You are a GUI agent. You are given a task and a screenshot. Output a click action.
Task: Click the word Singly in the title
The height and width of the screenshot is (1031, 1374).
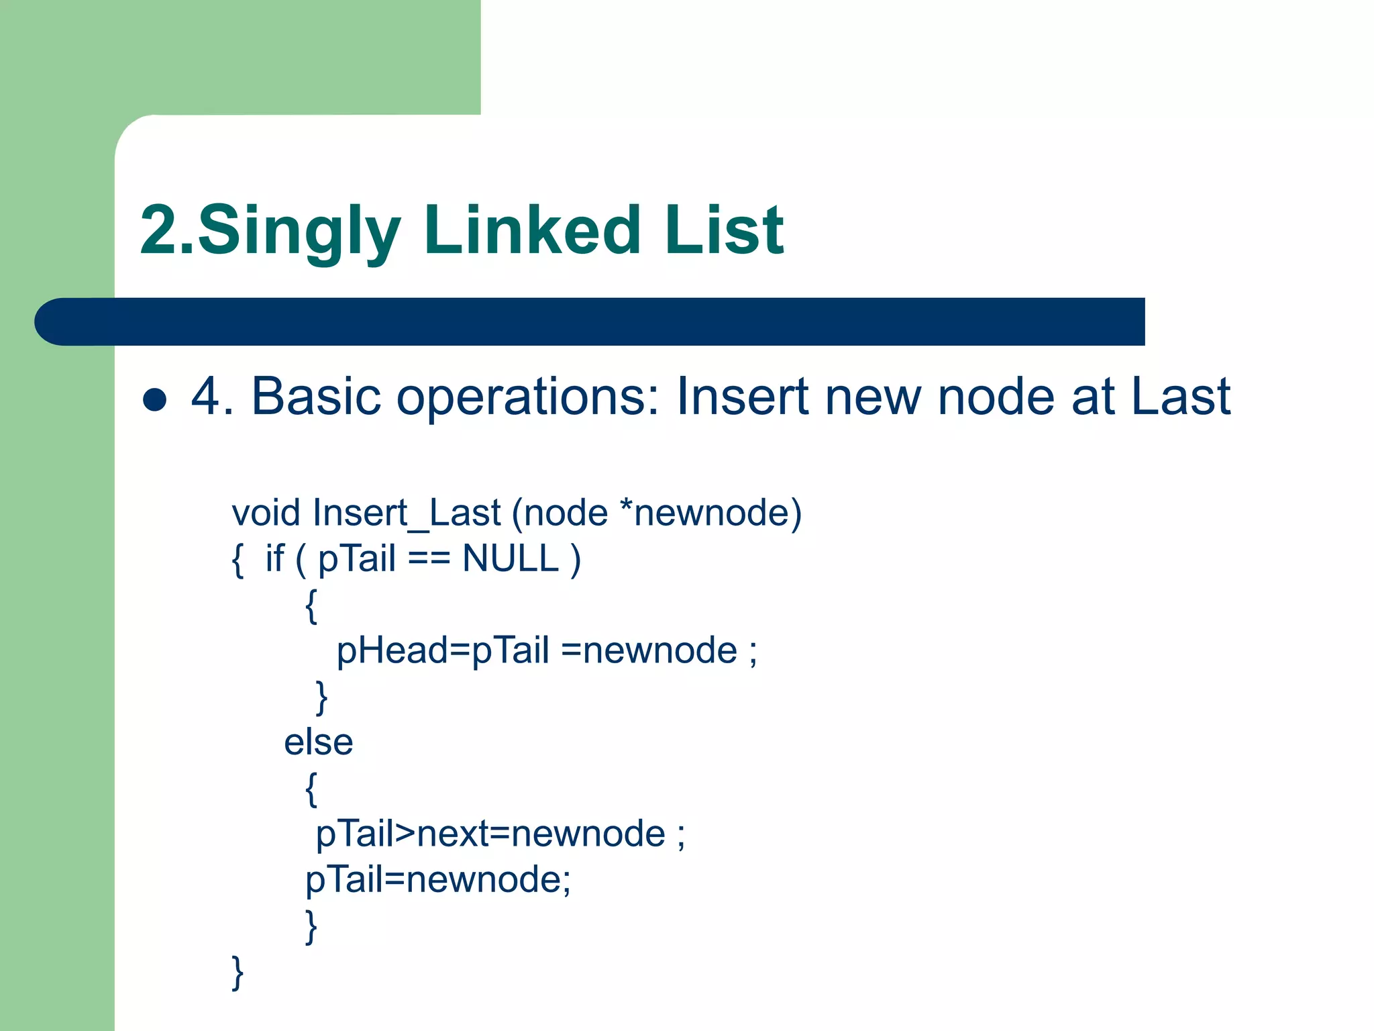point(299,232)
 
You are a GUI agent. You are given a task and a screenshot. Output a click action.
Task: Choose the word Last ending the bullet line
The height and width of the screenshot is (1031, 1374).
point(1180,396)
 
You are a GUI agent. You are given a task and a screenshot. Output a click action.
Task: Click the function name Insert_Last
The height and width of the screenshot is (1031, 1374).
point(407,514)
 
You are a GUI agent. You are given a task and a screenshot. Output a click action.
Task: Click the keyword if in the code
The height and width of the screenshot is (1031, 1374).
point(274,558)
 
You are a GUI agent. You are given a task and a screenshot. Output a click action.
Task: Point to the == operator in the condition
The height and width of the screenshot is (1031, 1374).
point(429,559)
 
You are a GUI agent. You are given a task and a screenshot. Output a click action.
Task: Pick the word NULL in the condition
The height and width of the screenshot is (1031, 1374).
point(510,558)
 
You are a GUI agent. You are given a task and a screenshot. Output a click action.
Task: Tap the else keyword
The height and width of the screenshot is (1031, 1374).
point(318,742)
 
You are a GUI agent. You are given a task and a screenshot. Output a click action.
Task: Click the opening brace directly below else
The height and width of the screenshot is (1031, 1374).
point(311,789)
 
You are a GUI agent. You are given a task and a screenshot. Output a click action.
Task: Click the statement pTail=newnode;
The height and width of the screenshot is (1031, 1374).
point(437,880)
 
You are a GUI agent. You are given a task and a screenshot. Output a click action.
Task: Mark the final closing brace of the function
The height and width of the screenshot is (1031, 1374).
point(237,973)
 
